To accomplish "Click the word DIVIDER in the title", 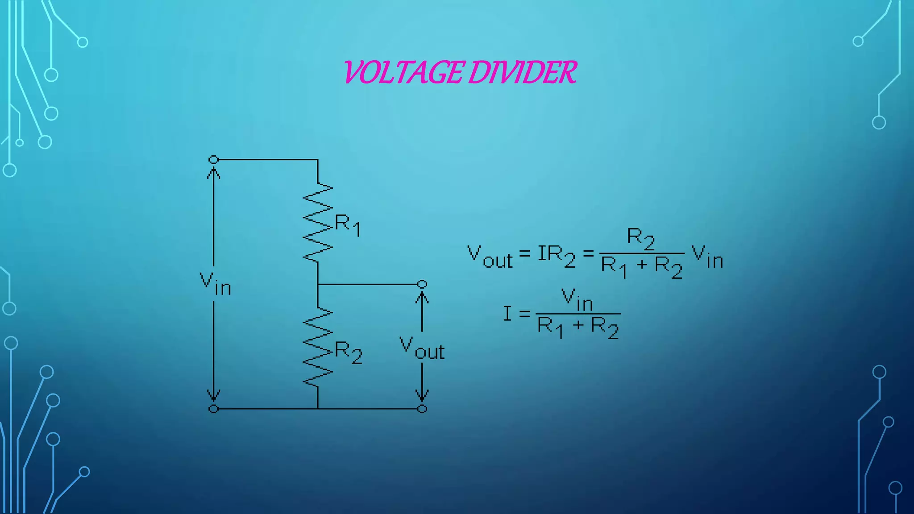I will coord(523,73).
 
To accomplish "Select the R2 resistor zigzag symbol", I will coord(318,347).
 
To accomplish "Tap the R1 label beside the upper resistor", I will coord(347,224).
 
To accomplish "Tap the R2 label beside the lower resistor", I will coord(348,352).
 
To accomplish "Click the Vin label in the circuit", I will coord(215,284).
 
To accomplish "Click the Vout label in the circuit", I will coord(422,348).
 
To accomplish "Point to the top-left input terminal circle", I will coord(214,160).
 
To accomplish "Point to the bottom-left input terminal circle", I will coord(214,409).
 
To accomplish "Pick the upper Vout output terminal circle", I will coord(422,284).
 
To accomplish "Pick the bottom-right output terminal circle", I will coord(422,409).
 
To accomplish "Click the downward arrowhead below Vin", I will coord(214,395).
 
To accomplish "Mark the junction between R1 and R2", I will coord(318,284).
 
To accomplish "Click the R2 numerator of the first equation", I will coord(640,238).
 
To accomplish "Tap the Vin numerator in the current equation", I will coord(577,299).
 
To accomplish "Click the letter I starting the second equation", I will coord(507,314).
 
